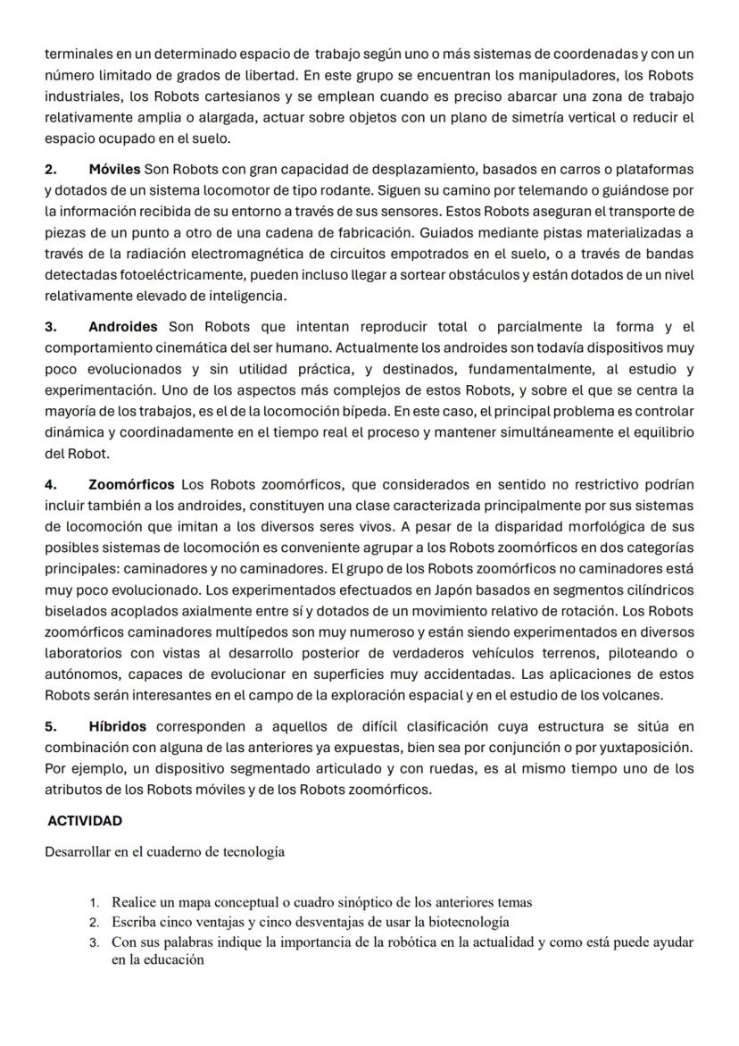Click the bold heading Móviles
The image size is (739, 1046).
[x=114, y=169]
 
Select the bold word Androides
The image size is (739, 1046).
[x=123, y=327]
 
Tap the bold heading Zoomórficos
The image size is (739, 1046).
[x=132, y=485]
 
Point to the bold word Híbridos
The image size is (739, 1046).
[x=118, y=727]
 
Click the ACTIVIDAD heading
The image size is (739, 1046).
[x=85, y=821]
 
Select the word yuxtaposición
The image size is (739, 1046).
[x=644, y=749]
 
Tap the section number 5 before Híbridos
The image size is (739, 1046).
[x=50, y=727]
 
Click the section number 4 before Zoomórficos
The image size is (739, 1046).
[x=50, y=485]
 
